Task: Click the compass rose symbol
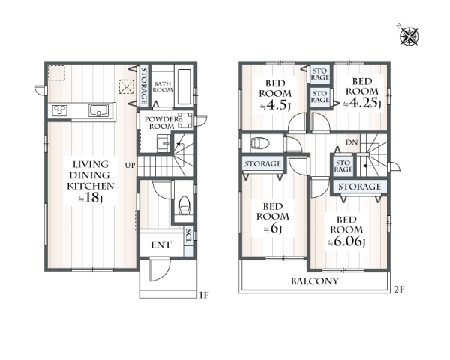(409, 36)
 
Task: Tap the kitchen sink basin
(98, 110)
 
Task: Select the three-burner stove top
(60, 110)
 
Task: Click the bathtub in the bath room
(184, 86)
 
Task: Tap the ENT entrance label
(161, 244)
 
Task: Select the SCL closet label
(188, 236)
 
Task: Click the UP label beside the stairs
(130, 166)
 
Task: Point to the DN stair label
(352, 142)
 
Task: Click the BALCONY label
(315, 280)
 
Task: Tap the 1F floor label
(203, 295)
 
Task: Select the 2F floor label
(399, 289)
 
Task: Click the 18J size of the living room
(91, 197)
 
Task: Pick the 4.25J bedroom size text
(362, 103)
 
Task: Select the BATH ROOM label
(163, 87)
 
